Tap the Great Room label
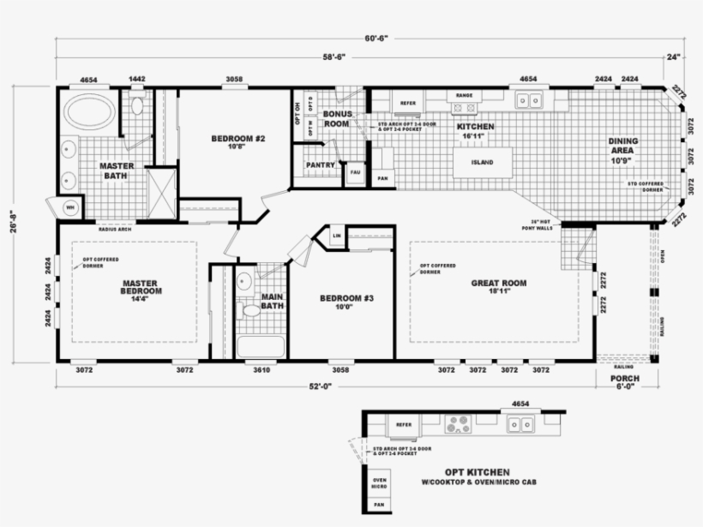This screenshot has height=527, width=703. click(x=499, y=284)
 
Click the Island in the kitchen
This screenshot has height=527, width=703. click(x=483, y=161)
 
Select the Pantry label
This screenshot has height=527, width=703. click(x=319, y=165)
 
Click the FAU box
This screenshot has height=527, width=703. click(x=354, y=172)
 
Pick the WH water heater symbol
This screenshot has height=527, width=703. click(x=70, y=207)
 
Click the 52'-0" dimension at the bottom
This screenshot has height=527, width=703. click(x=319, y=387)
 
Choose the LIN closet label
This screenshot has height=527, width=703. click(x=338, y=235)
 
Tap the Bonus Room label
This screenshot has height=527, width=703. click(x=335, y=119)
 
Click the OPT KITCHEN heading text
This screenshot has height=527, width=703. click(x=477, y=472)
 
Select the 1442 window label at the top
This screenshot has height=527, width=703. click(x=137, y=80)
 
